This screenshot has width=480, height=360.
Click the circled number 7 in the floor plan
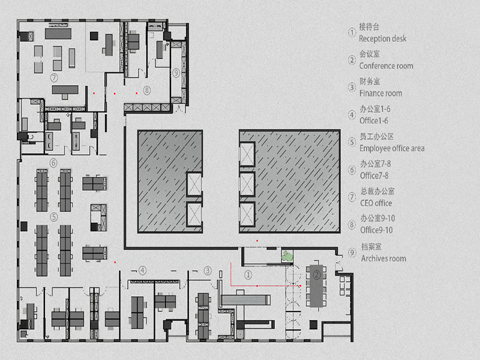click(x=54, y=77)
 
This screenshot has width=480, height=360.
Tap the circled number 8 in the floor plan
click(x=147, y=91)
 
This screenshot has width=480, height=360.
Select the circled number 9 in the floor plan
click(x=176, y=73)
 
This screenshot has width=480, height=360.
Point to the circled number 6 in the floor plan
click(x=53, y=163)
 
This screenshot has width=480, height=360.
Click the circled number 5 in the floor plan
click(x=54, y=217)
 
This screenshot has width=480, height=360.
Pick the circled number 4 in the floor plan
click(x=142, y=271)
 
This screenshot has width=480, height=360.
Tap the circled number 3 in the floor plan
click(x=208, y=271)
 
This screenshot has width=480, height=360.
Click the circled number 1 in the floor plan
click(x=248, y=275)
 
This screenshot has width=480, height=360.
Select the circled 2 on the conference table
click(x=317, y=275)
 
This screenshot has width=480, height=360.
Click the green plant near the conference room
click(x=287, y=256)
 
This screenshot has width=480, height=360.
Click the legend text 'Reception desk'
click(x=383, y=39)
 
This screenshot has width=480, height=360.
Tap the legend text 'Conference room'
click(x=386, y=66)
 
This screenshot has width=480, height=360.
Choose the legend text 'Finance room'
click(x=380, y=93)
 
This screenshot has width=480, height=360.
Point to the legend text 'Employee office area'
click(x=392, y=148)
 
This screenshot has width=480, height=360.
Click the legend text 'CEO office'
click(x=376, y=203)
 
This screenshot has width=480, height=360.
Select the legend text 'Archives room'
click(x=383, y=259)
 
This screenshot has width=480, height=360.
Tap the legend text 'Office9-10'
click(x=376, y=230)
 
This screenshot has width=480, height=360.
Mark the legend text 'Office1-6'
click(x=374, y=121)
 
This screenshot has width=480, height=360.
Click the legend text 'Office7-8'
click(x=374, y=176)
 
